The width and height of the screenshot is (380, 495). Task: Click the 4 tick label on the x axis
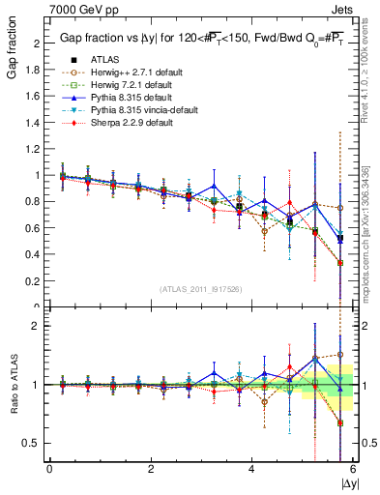[x=251, y=469]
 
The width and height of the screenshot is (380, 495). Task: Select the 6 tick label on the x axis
[x=352, y=469]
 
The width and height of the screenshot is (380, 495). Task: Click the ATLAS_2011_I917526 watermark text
[x=201, y=288]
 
